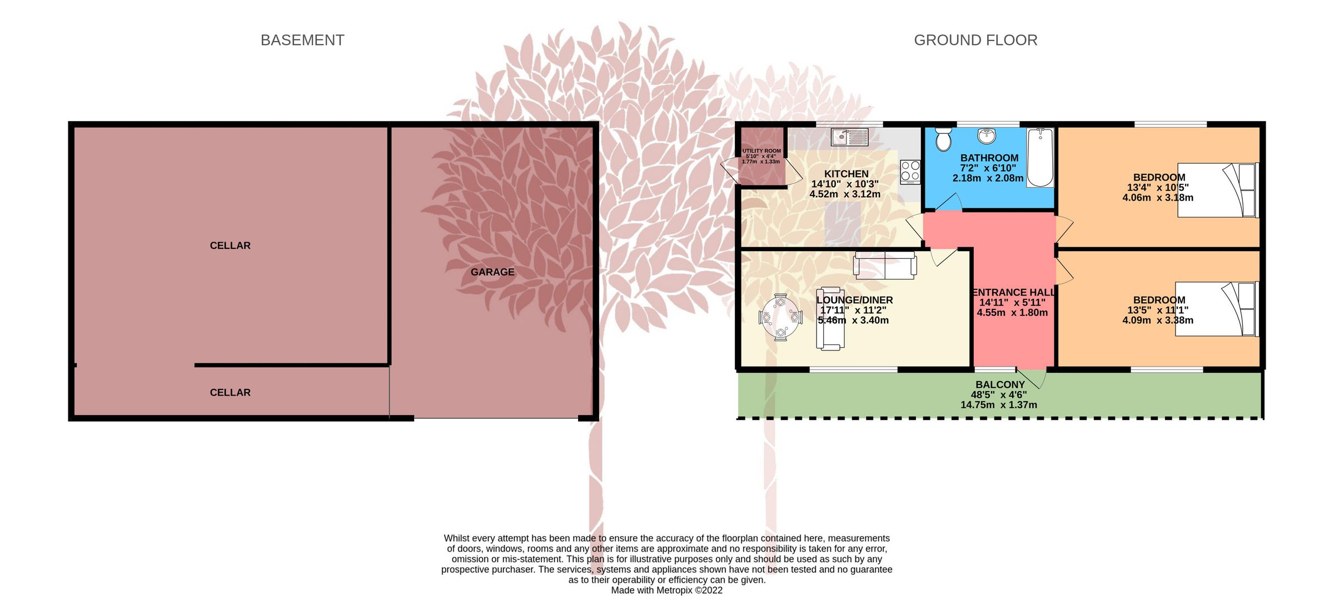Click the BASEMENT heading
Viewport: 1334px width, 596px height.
coord(302,40)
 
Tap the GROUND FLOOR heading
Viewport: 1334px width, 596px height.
coord(975,40)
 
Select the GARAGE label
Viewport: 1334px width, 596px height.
coord(492,272)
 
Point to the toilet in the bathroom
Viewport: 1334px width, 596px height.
coord(943,139)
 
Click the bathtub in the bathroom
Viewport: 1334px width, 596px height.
coord(1040,158)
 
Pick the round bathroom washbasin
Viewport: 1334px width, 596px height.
coord(987,136)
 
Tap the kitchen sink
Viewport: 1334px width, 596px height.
coord(849,137)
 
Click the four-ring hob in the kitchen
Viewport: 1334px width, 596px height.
coord(910,172)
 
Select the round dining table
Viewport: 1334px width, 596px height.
coord(780,317)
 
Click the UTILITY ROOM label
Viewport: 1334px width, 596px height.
coord(761,151)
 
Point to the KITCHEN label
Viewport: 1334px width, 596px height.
coord(846,174)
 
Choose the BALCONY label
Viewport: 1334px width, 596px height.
coord(1000,384)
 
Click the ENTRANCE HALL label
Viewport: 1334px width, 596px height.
coord(1013,292)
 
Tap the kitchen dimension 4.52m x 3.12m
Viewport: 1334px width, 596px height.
coord(845,194)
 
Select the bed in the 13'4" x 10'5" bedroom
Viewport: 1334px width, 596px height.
coord(1217,190)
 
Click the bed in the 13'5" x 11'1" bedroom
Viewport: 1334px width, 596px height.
coord(1217,309)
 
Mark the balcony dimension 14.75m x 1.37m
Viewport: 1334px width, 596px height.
coord(999,405)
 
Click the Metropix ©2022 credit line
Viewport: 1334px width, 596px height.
coord(667,590)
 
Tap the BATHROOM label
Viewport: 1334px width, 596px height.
coord(989,158)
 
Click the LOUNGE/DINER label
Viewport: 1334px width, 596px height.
coord(855,300)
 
